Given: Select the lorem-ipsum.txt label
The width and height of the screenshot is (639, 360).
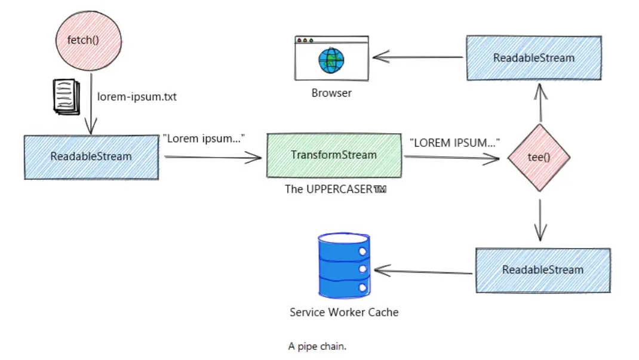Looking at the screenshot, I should coord(137,96).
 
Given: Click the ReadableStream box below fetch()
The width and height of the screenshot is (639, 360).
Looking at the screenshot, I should coord(91,157).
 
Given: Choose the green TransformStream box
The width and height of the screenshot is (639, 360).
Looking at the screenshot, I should coord(333,155).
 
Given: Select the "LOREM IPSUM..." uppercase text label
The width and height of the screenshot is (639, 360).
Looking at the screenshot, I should coord(454,143).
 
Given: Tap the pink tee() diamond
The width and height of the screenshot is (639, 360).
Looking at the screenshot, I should coord(539,158).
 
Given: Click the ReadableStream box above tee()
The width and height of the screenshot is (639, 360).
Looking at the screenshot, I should coord(534,58).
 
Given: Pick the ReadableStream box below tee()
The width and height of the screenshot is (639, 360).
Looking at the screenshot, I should coord(542,270).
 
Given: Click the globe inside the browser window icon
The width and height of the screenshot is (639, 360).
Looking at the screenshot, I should coord(331,60).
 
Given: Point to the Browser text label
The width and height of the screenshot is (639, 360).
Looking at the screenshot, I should coord(331,93).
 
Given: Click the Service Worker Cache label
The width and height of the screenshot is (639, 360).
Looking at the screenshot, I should coord(344,312).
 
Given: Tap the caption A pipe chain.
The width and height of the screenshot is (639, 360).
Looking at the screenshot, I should coord(317,346).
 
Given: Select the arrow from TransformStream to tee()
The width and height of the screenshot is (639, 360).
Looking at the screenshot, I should coord(451,158).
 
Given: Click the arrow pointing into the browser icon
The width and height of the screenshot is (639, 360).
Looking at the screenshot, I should coord(418,57).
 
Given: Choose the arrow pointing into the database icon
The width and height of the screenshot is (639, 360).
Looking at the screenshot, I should coord(424,272).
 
